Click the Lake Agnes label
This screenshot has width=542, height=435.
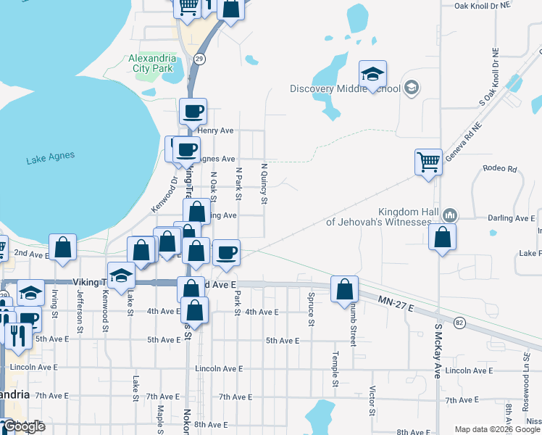[50, 156]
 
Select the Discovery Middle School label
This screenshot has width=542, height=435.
[345, 89]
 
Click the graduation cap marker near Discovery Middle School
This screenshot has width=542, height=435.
[372, 74]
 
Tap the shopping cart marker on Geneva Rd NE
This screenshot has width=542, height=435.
[428, 162]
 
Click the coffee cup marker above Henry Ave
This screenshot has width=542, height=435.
[193, 112]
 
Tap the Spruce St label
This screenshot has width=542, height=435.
[311, 309]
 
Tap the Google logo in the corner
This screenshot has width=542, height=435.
[23, 426]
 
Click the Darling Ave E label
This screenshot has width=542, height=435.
[510, 218]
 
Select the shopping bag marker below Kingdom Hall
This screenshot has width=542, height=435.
[442, 237]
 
